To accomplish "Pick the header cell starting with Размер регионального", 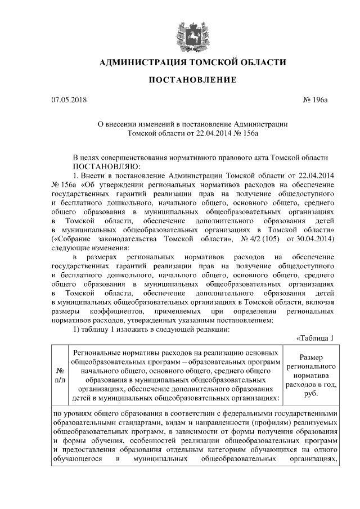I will click(311, 376).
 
